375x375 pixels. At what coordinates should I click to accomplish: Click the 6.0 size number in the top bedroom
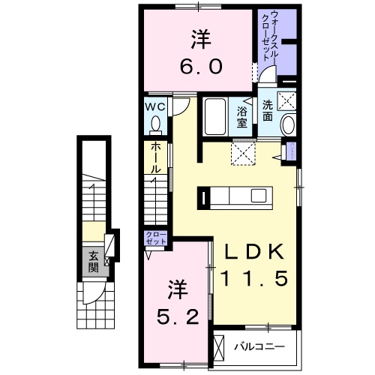(199, 67)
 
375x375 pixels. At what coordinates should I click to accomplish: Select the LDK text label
(253, 253)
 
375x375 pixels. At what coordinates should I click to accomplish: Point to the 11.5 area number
(253, 280)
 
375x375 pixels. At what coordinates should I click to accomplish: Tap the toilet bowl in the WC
(156, 123)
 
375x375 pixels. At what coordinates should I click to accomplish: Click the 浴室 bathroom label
(243, 118)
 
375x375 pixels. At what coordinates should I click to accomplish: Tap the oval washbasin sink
(288, 125)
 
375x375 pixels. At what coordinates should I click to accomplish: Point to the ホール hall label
(154, 158)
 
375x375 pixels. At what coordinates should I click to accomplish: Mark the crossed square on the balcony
(218, 347)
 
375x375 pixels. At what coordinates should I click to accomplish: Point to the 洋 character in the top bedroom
(199, 36)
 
